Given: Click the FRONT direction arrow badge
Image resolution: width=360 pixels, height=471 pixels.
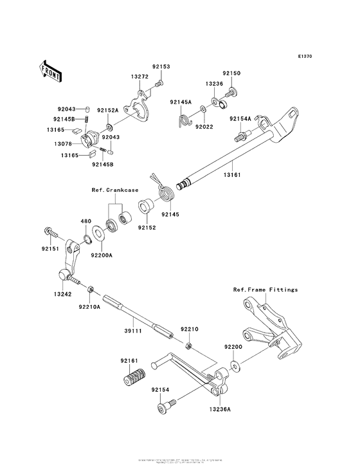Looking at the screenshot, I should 51,69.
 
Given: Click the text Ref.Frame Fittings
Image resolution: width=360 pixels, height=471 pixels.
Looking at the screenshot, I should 265,290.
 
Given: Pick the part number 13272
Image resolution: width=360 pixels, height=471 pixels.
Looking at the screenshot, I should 139,76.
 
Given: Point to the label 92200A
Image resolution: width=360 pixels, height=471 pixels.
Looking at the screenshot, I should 102,255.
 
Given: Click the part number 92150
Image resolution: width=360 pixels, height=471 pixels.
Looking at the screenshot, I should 231,73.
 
